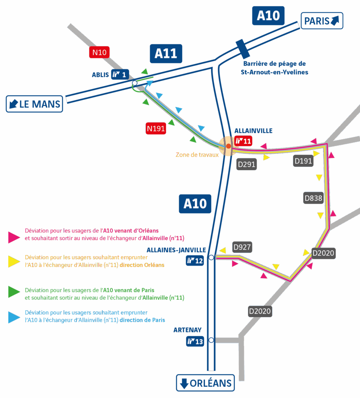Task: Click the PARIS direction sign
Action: pyautogui.click(x=322, y=21)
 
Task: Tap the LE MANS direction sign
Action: pyautogui.click(x=34, y=104)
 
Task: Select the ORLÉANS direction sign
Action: pyautogui.click(x=206, y=383)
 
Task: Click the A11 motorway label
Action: pyautogui.click(x=166, y=54)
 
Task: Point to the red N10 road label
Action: pyautogui.click(x=100, y=52)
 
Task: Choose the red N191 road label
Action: pyautogui.click(x=156, y=128)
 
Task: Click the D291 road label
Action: pyautogui.click(x=246, y=164)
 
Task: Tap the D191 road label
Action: pyautogui.click(x=303, y=161)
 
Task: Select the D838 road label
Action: pyautogui.click(x=313, y=198)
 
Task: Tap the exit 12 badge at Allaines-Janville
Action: pyautogui.click(x=195, y=261)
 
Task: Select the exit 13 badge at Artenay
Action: pyautogui.click(x=195, y=342)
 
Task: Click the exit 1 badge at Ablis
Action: pyautogui.click(x=120, y=74)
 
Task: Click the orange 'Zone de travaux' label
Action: pyautogui.click(x=197, y=154)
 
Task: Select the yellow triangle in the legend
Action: pyautogui.click(x=14, y=261)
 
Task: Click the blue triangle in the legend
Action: pyautogui.click(x=14, y=317)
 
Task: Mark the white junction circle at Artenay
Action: pyautogui.click(x=211, y=340)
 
